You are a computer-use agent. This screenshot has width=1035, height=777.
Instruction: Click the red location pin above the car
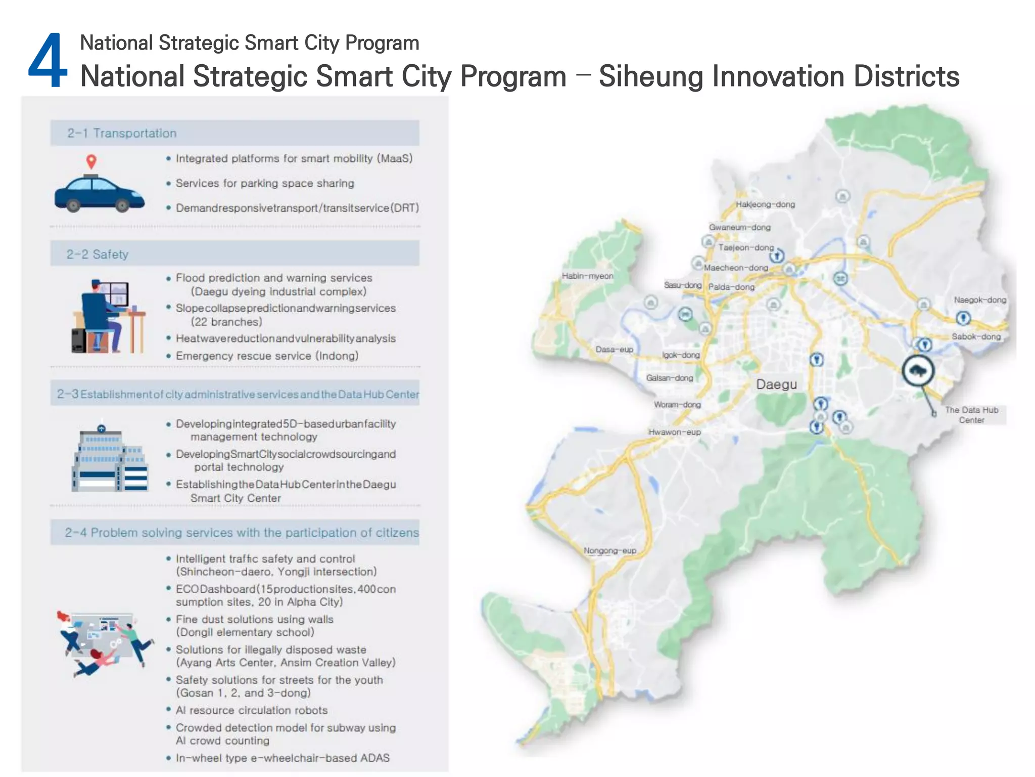coord(91,161)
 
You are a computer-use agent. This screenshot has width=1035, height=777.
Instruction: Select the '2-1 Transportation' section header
coord(122,133)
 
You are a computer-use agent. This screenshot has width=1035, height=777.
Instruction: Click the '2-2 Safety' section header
coord(98,254)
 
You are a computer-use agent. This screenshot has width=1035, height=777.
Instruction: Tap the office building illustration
coord(110,458)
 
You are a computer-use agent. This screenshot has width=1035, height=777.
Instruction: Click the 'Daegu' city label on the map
coord(776,384)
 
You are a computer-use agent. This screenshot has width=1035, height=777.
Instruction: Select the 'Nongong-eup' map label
coord(609,550)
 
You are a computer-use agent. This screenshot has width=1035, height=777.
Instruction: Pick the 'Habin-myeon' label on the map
coord(587,276)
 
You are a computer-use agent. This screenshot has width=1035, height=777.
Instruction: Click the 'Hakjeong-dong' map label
coord(765,204)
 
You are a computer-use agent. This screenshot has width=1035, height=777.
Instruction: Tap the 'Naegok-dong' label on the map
coord(980,299)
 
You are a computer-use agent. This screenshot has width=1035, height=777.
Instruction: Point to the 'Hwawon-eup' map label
coord(675,432)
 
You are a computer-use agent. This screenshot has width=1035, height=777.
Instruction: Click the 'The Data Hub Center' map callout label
coord(971,415)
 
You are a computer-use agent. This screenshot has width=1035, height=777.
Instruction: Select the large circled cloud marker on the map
coord(918,371)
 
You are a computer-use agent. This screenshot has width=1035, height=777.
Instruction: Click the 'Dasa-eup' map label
coord(614,349)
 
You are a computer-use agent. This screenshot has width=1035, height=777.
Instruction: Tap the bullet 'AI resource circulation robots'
coord(251,710)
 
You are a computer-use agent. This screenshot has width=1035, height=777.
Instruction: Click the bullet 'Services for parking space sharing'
coord(264,183)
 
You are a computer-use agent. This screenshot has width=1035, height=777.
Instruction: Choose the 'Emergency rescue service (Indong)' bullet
coord(267,356)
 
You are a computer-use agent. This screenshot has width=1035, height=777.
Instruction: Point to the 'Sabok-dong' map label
coord(976,336)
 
